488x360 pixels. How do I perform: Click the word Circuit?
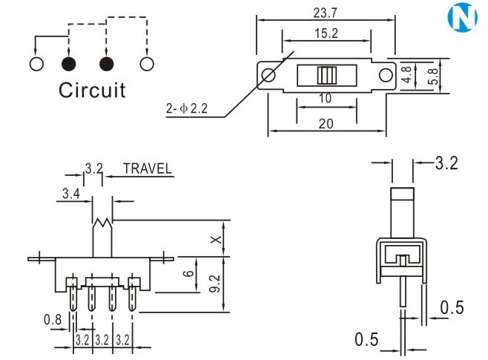[x=93, y=91]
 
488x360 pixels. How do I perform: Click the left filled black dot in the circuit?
[x=70, y=63]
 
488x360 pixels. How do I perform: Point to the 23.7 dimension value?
[x=323, y=12]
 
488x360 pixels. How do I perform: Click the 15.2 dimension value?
[x=323, y=33]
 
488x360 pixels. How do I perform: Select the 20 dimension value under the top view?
[x=325, y=124]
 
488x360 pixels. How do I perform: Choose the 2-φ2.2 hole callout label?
[x=186, y=110]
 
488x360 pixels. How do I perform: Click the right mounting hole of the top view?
[x=385, y=76]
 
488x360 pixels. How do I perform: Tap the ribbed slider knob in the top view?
[x=326, y=76]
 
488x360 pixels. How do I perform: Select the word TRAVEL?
[x=148, y=168]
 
